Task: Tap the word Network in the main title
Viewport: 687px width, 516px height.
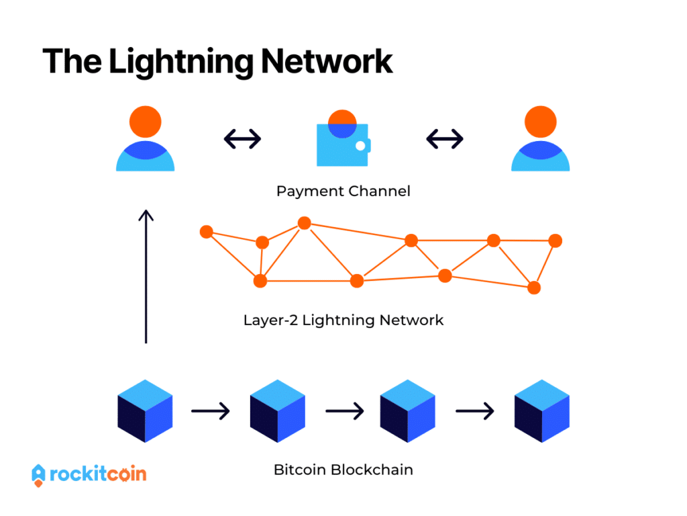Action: pyautogui.click(x=327, y=62)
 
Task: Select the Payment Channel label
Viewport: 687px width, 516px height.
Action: pyautogui.click(x=343, y=191)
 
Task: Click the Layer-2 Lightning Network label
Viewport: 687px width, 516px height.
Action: pyautogui.click(x=343, y=320)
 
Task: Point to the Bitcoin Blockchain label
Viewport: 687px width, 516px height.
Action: pyautogui.click(x=343, y=470)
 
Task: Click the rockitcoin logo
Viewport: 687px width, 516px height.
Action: pyautogui.click(x=89, y=474)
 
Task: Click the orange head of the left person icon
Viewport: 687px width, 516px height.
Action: pyautogui.click(x=145, y=122)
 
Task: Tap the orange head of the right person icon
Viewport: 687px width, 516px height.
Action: pyautogui.click(x=540, y=122)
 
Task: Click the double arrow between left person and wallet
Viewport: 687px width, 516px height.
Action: pyautogui.click(x=242, y=139)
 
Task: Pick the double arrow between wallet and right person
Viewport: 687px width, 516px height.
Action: pyautogui.click(x=445, y=139)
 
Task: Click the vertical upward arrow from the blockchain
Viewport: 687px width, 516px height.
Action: pyautogui.click(x=146, y=275)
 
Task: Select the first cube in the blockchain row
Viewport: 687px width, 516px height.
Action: pyautogui.click(x=145, y=409)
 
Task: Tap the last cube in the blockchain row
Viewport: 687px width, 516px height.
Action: pyautogui.click(x=541, y=409)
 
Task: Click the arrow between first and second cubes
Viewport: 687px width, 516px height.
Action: pyautogui.click(x=211, y=409)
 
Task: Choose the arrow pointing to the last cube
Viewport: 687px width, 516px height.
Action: pyautogui.click(x=475, y=409)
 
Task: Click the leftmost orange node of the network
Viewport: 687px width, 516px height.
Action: pyautogui.click(x=207, y=232)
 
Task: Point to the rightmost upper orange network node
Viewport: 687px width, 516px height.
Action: pyautogui.click(x=555, y=241)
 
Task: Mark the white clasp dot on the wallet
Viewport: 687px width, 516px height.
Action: pyautogui.click(x=360, y=146)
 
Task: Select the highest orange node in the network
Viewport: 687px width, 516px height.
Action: pyautogui.click(x=304, y=223)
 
